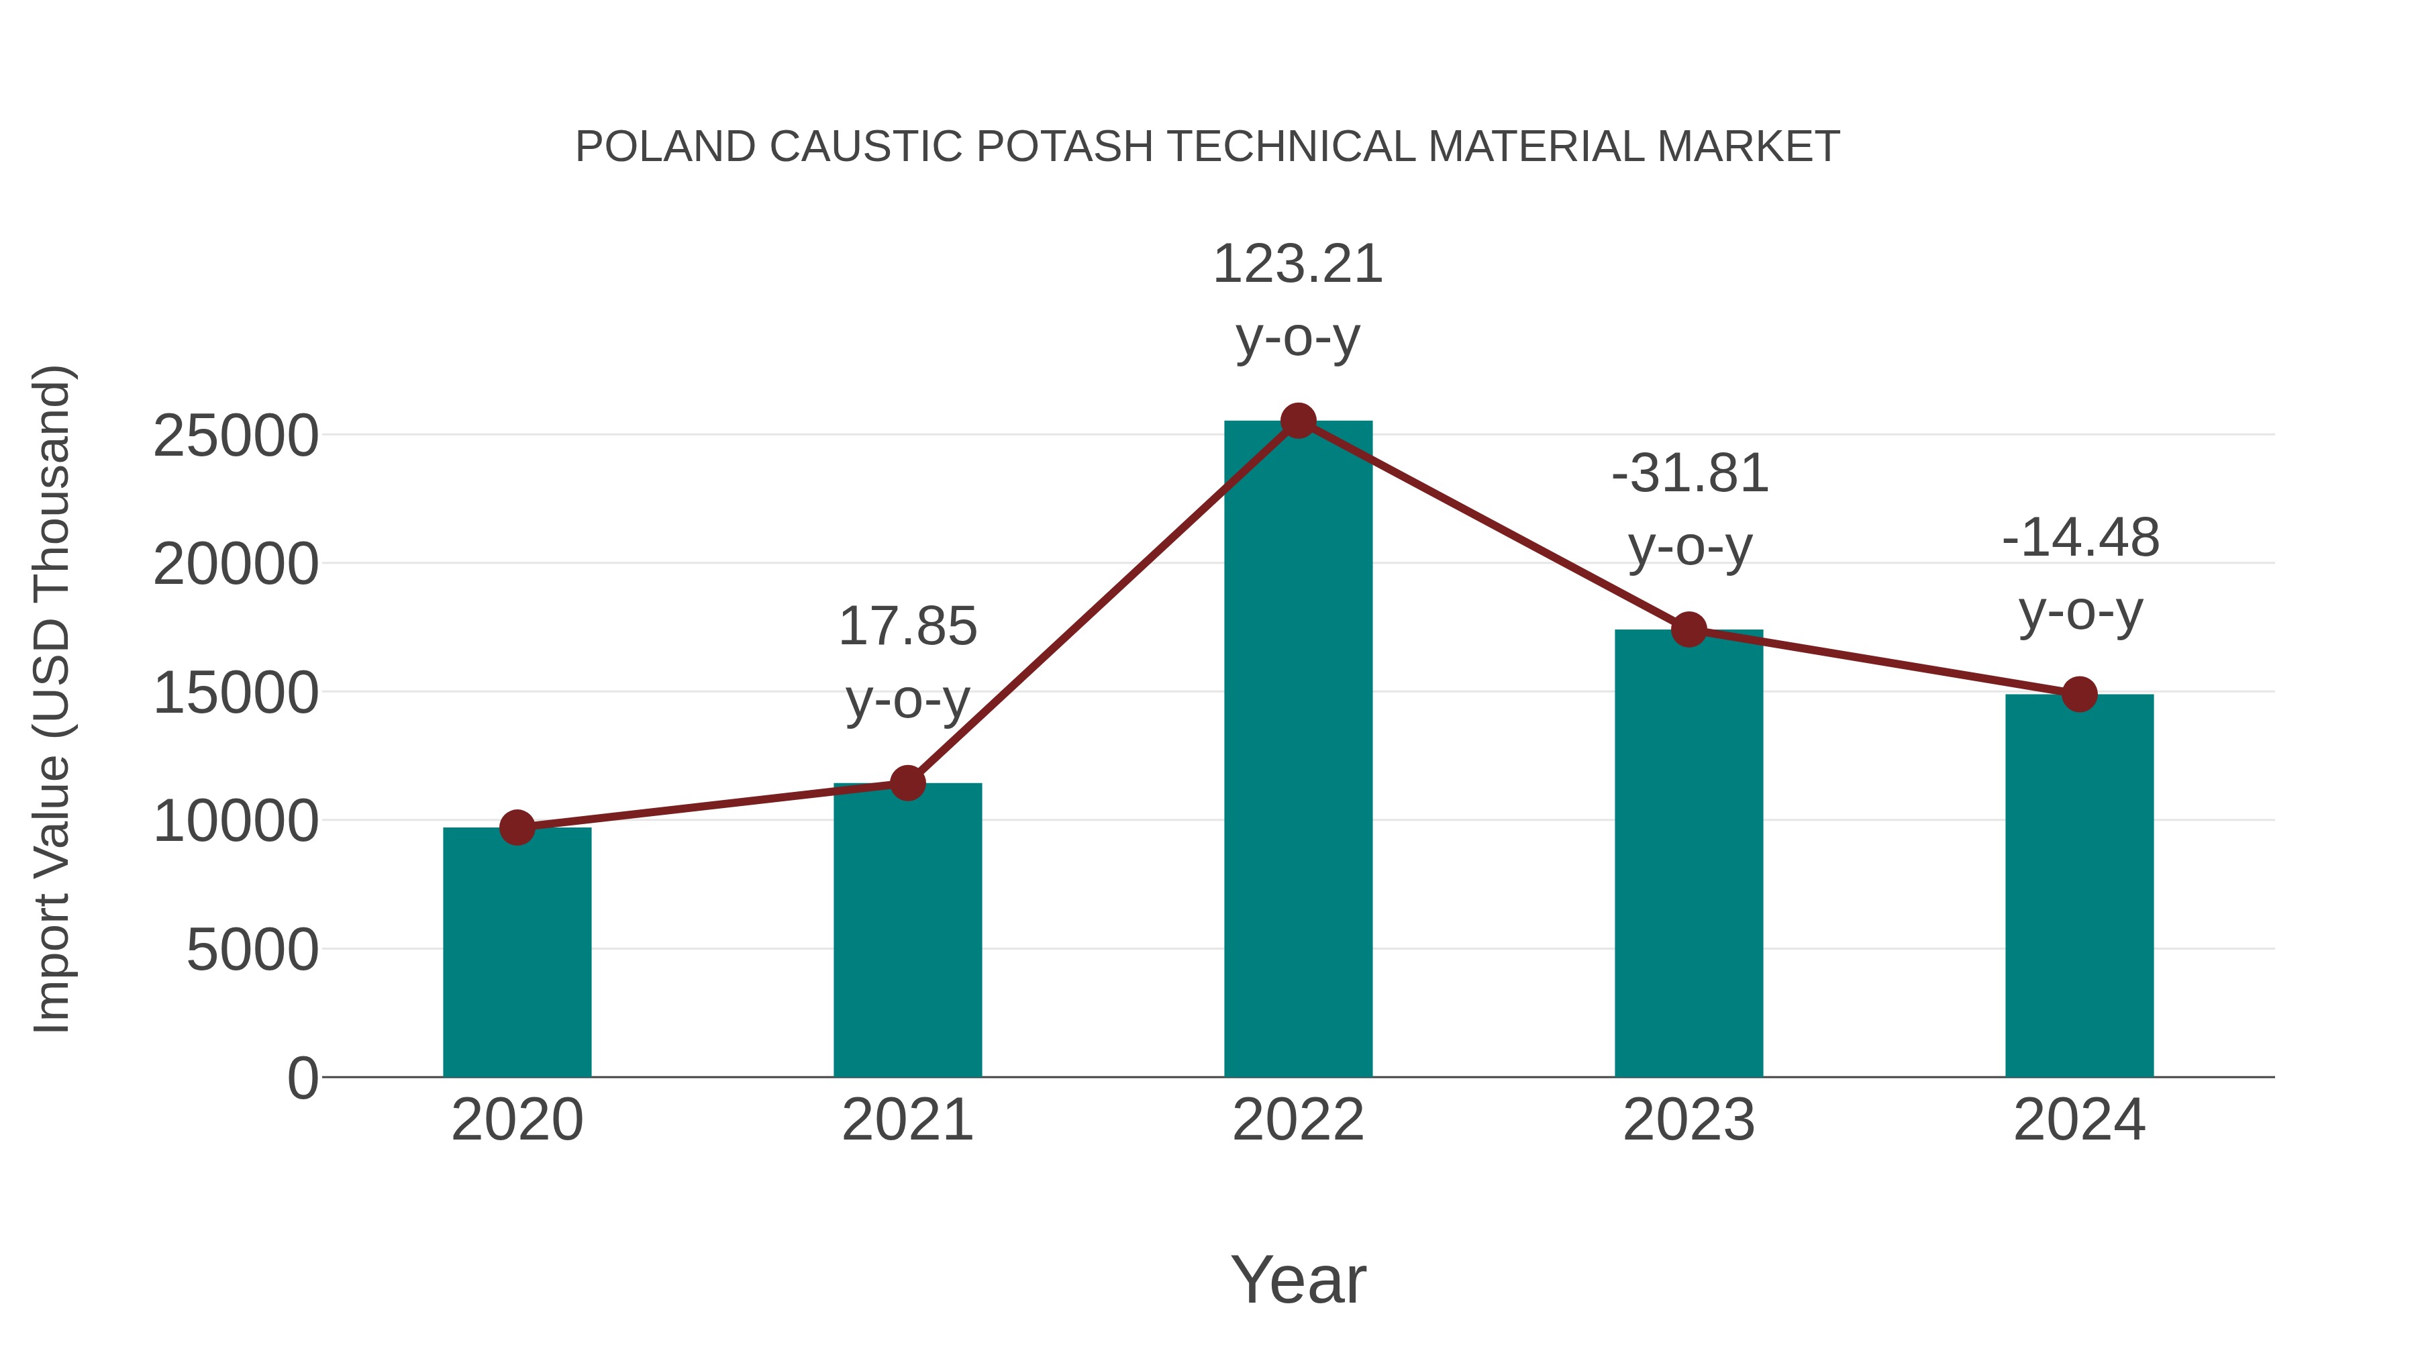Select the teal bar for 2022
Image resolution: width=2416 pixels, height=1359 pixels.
pyautogui.click(x=1298, y=750)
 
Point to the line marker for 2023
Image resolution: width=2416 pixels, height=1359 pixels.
pyautogui.click(x=1689, y=630)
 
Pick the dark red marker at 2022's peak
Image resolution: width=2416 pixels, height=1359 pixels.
pyautogui.click(x=1298, y=421)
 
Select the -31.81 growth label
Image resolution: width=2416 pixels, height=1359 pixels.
pyautogui.click(x=1690, y=474)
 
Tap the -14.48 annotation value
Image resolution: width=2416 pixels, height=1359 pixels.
pyautogui.click(x=2080, y=538)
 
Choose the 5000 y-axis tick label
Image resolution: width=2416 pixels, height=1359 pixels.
pyautogui.click(x=252, y=950)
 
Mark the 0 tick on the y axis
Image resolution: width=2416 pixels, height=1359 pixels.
pyautogui.click(x=303, y=1078)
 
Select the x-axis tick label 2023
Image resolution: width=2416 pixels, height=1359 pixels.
pyautogui.click(x=1689, y=1121)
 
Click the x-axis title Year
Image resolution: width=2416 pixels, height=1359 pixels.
pyautogui.click(x=1298, y=1280)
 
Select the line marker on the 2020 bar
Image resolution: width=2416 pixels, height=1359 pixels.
pyautogui.click(x=517, y=827)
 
